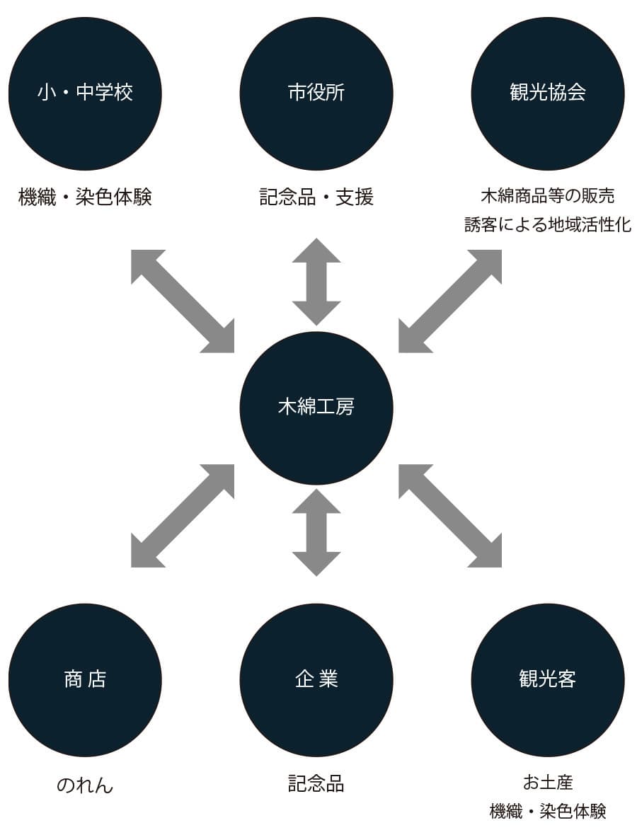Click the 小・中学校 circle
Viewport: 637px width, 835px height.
tap(85, 93)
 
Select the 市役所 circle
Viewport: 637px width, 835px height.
tap(316, 93)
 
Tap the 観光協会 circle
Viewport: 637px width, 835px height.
tap(548, 93)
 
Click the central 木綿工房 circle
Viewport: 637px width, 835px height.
tap(316, 408)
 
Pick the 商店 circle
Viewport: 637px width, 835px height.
tap(85, 680)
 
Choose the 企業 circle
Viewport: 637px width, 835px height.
tap(316, 680)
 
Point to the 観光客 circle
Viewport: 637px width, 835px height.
tap(548, 680)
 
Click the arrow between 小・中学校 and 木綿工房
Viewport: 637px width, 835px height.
tap(183, 301)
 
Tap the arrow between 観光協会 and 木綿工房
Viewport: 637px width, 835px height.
tap(450, 301)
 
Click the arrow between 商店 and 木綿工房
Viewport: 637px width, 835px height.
tap(183, 516)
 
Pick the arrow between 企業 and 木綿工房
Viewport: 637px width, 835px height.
tap(316, 532)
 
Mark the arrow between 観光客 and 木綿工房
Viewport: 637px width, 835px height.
tap(450, 516)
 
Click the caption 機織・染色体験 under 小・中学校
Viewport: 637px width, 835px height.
tap(85, 197)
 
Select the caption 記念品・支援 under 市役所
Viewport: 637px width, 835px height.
tap(316, 197)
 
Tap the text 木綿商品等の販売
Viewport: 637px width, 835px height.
tap(548, 195)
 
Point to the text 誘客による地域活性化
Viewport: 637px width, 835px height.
tap(548, 225)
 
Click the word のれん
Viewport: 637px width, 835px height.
tap(85, 785)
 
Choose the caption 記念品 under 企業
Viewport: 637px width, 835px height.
tap(316, 783)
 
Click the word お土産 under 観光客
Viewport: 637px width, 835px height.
tap(548, 782)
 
